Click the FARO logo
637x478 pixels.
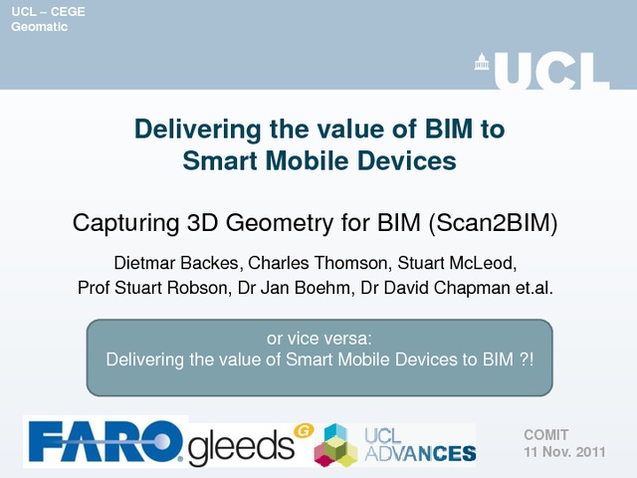coord(106,441)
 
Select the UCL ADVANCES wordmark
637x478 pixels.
coord(420,445)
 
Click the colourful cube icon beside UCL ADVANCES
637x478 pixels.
coord(336,445)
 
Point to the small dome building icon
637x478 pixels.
coord(482,62)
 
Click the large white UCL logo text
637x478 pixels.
coord(552,71)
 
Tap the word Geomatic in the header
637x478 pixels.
coord(40,27)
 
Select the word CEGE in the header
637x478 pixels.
coord(68,11)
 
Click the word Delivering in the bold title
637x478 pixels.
coord(197,129)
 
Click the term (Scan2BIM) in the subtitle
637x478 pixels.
coord(493,223)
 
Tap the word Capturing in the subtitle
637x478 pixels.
coord(126,223)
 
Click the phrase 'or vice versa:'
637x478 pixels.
coord(319,339)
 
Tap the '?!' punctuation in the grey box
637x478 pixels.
coord(527,359)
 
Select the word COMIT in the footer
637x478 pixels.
coord(546,435)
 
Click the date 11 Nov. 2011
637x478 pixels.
coord(564,452)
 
